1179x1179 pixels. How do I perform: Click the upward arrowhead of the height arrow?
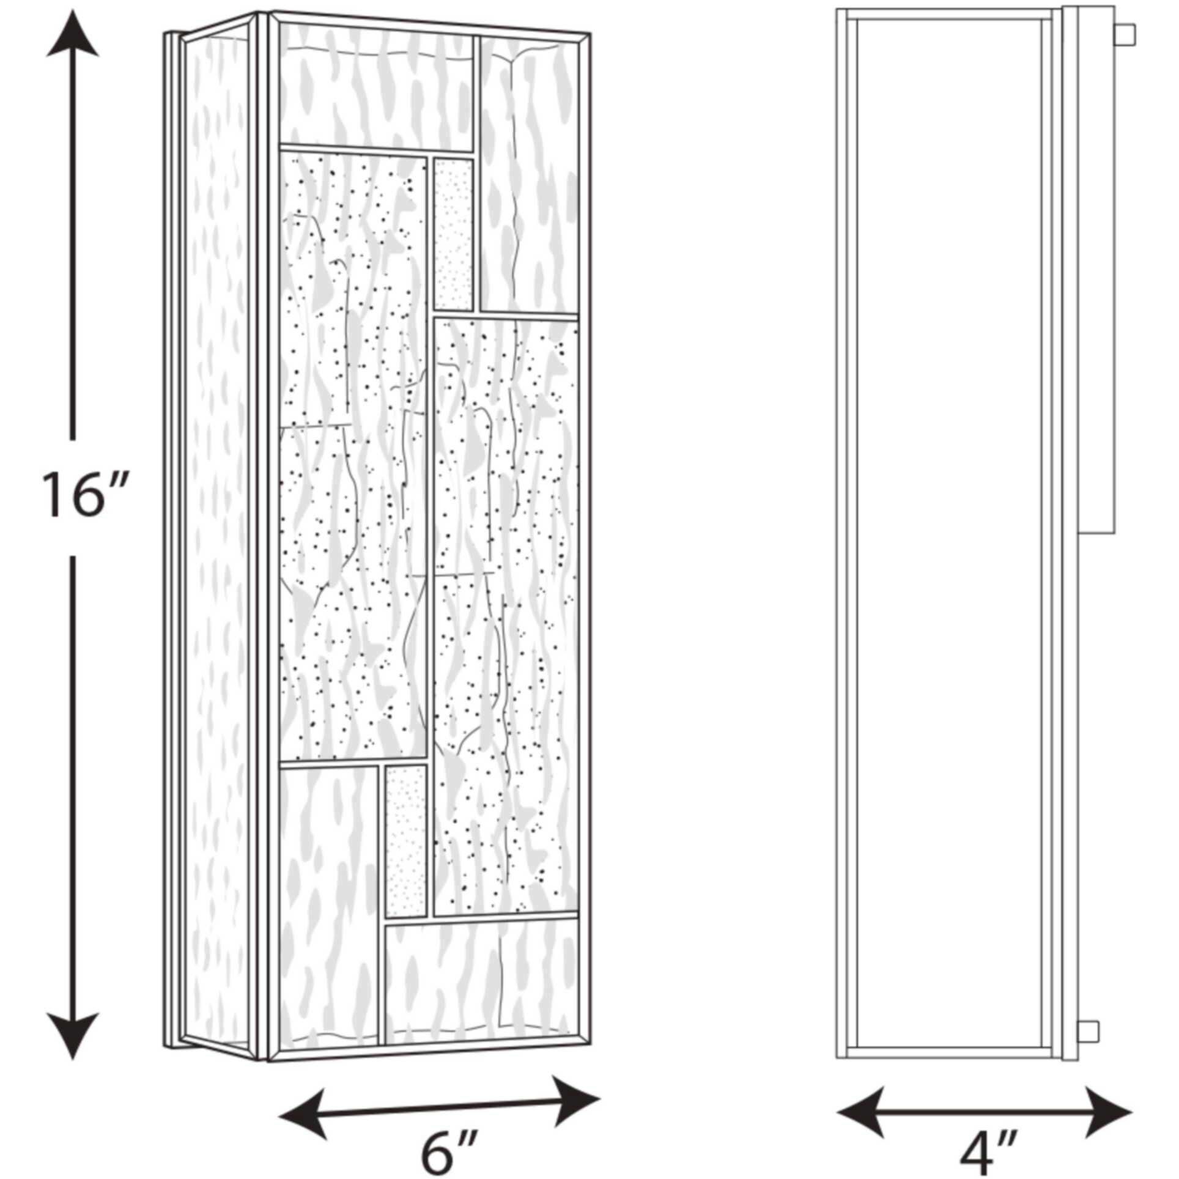(72, 35)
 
